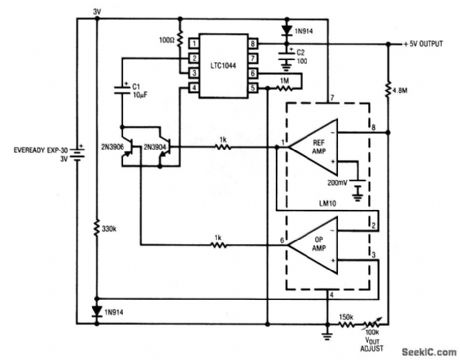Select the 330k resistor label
[109, 230]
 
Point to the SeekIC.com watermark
[425, 351]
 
